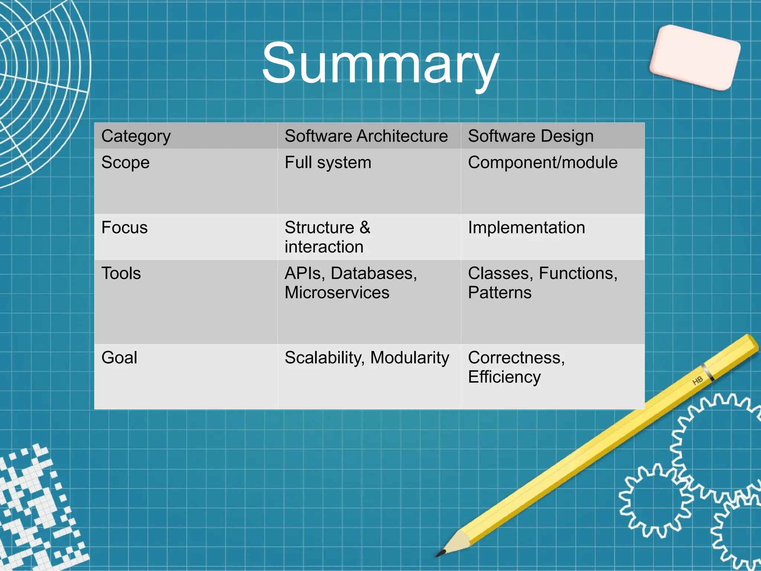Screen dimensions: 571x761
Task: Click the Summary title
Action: coord(380,63)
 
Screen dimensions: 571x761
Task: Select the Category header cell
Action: coord(136,136)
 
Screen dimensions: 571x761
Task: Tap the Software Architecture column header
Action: coord(366,136)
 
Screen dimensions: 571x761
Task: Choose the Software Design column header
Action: coord(531,136)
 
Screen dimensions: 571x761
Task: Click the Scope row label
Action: coord(125,163)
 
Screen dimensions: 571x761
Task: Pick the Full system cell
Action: coord(328,163)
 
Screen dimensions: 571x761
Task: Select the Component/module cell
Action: coord(543,163)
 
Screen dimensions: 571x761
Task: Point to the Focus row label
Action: coord(124,228)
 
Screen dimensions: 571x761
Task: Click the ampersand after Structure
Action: coord(365,228)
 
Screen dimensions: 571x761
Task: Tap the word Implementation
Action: coord(526,228)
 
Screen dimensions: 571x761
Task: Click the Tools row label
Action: coord(121,274)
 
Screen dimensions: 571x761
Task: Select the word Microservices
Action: coord(337,293)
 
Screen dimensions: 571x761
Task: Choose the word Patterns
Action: coord(499,293)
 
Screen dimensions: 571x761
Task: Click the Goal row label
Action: coord(119,358)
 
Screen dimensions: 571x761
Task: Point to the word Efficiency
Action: coord(504,377)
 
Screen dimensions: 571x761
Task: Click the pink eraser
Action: coord(695,58)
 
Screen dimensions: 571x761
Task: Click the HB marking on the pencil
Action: coord(697,380)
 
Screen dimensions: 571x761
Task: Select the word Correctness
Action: coord(516,358)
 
